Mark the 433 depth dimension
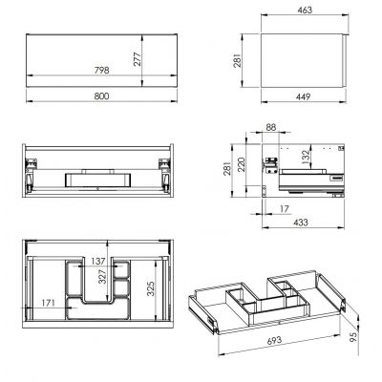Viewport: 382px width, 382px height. click(298, 222)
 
